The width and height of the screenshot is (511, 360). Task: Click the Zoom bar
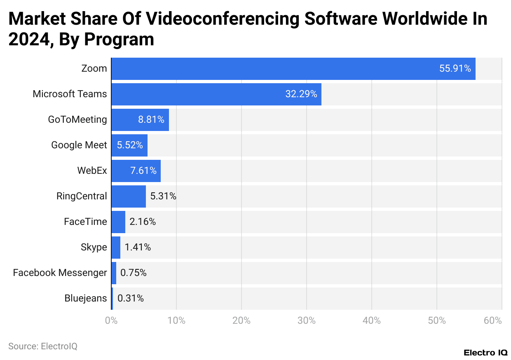click(x=293, y=69)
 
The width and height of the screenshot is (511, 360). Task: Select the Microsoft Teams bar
click(x=216, y=94)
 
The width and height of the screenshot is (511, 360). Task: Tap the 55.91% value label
click(x=455, y=69)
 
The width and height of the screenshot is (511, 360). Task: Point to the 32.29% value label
click(x=301, y=94)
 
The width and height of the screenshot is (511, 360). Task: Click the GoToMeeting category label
click(x=77, y=120)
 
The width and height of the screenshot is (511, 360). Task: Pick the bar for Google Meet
click(x=129, y=145)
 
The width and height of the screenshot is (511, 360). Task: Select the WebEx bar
click(x=136, y=171)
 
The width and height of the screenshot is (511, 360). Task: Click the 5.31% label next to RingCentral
click(x=163, y=196)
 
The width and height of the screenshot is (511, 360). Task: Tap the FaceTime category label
click(x=85, y=222)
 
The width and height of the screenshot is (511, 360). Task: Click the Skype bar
click(x=116, y=248)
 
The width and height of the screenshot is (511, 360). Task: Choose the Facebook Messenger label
click(x=60, y=273)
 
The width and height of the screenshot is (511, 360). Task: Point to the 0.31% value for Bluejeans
click(x=131, y=299)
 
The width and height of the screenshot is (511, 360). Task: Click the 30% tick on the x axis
click(x=306, y=321)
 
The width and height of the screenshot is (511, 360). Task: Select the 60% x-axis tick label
click(x=493, y=321)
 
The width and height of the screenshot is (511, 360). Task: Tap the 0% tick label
click(x=111, y=321)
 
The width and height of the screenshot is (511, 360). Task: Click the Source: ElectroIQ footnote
click(x=43, y=346)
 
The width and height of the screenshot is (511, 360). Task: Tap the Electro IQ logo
click(x=485, y=353)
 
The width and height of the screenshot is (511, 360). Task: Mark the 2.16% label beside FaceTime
click(x=143, y=222)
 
